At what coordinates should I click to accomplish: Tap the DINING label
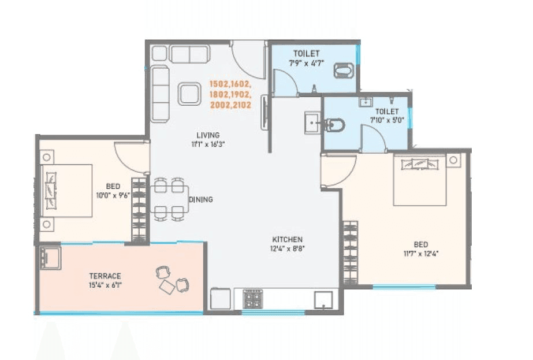coord(201,199)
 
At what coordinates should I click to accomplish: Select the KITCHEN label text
coord(288,239)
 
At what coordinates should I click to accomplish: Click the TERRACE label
coord(105,276)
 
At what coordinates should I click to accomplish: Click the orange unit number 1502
coord(220,84)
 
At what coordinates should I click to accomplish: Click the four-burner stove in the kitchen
coord(252,300)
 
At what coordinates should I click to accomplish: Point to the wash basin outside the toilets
coord(312,123)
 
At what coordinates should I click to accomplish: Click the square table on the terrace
coord(168,287)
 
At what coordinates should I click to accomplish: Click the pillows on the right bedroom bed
coord(420,163)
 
